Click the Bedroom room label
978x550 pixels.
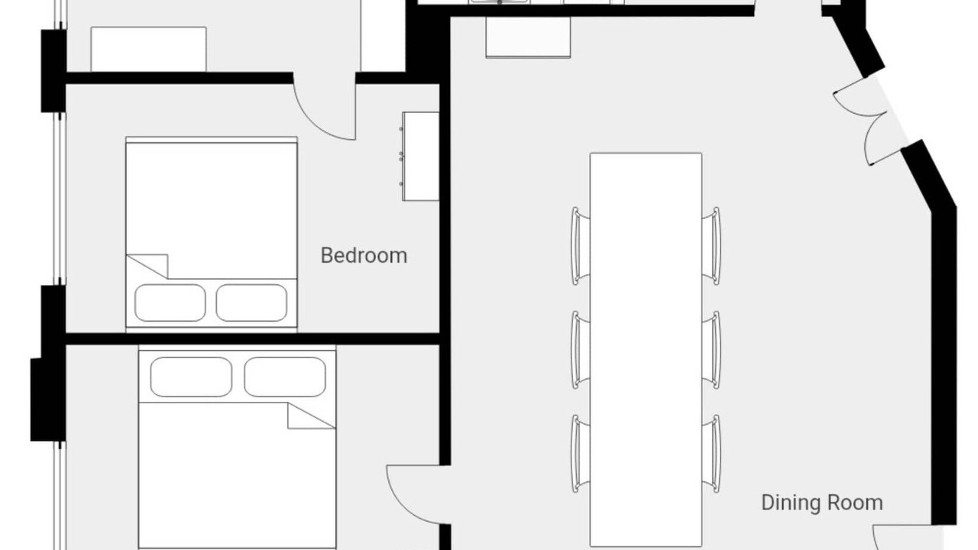364,255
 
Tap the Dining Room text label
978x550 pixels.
822,503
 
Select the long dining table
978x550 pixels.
646,349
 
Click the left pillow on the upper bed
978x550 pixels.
170,303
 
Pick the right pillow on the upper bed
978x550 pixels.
251,303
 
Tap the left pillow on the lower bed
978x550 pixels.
191,377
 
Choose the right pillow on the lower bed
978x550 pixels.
285,377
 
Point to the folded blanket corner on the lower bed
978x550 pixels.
311,416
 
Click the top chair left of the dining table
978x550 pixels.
580,246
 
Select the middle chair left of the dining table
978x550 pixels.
580,350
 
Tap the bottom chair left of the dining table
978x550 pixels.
580,454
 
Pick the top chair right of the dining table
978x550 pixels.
711,246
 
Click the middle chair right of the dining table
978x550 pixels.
711,350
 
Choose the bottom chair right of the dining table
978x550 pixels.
711,454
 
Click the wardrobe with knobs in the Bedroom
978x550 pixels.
420,157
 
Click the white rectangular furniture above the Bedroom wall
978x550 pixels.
148,49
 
